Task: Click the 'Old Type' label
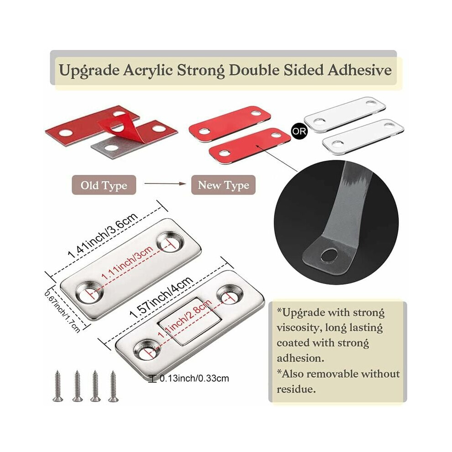104,185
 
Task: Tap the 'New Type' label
223,185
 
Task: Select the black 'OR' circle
299,131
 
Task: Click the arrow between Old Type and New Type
165,184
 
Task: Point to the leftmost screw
58,386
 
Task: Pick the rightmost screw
113,386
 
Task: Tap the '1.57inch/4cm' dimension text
161,297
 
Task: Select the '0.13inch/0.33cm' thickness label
194,378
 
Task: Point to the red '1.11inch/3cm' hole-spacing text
127,263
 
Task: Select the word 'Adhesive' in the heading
359,70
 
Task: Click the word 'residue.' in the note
296,389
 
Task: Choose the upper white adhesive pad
345,114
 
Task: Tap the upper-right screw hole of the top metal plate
170,243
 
